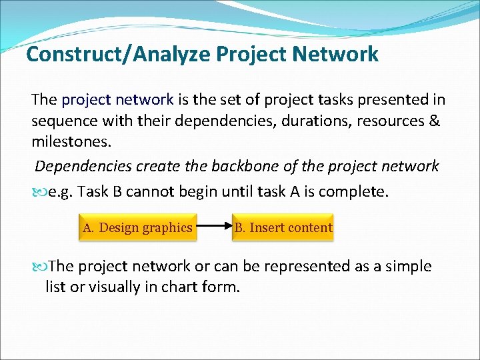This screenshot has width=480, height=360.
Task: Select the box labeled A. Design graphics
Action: pos(137,227)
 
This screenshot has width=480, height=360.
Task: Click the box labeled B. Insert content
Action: pos(283,227)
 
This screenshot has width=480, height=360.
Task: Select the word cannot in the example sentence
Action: pos(147,192)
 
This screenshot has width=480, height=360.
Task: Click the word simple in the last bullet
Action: pos(406,267)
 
